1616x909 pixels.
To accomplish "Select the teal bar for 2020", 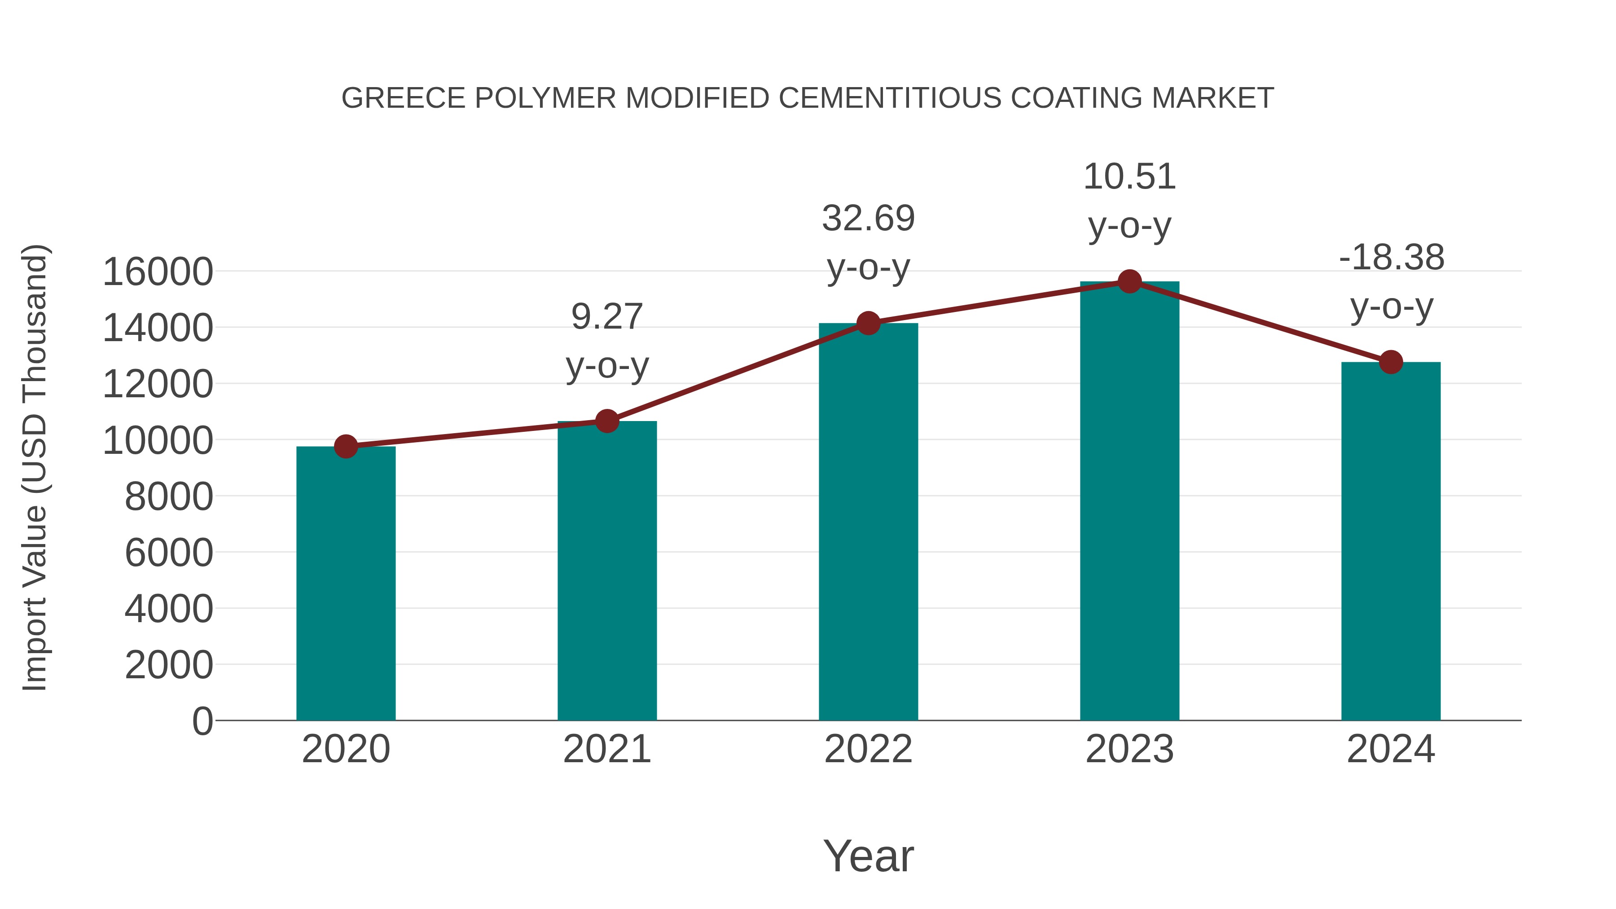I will [x=346, y=584].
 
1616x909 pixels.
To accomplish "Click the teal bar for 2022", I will [x=868, y=521].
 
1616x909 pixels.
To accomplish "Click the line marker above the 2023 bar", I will [x=1129, y=281].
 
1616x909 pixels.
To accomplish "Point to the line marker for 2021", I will [x=606, y=421].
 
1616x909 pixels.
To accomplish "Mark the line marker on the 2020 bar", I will [x=346, y=447].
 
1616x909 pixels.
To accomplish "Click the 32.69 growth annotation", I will [x=868, y=218].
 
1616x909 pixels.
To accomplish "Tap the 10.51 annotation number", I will [x=1129, y=176].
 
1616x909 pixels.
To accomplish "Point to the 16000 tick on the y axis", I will [x=158, y=272].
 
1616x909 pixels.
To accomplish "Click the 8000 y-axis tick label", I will [x=169, y=497].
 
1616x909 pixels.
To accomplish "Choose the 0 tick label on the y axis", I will [x=202, y=721].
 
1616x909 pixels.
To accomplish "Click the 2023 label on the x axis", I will [x=1129, y=749].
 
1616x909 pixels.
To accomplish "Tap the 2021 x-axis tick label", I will [x=606, y=749].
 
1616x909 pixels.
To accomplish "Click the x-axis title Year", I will [x=868, y=856].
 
